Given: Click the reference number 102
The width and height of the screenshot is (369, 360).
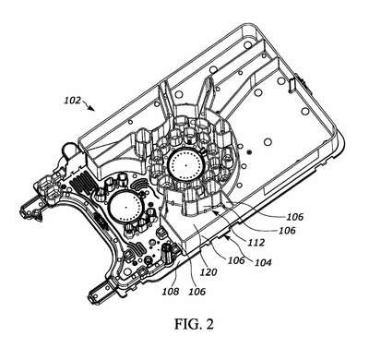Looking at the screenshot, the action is coord(73,101).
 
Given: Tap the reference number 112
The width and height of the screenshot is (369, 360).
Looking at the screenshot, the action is coord(256,243).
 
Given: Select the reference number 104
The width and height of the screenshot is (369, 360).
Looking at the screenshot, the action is coord(263,262).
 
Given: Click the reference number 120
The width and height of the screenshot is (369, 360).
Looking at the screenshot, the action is coord(208,272).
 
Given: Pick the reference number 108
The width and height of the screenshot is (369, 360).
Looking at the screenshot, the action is coord(171,291).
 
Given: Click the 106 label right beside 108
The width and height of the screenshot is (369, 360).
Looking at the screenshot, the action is coord(196,291).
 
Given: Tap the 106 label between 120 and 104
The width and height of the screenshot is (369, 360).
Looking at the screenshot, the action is coord(236,260).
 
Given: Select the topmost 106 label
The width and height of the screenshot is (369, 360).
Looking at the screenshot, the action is coord(295,217).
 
